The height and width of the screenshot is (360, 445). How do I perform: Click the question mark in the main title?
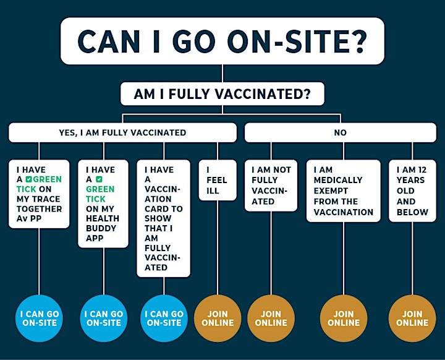click(358, 41)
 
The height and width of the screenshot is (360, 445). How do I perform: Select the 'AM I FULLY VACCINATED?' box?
click(222, 94)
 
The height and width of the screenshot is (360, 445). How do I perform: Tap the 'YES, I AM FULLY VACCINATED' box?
click(122, 132)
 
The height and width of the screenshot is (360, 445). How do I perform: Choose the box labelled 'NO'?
click(341, 132)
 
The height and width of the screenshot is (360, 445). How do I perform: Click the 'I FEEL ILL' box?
click(218, 180)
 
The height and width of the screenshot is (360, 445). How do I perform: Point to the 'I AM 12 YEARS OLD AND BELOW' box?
click(412, 191)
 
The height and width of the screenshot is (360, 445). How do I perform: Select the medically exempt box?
click(344, 191)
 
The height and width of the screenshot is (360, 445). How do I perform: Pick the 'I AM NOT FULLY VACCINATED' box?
click(271, 185)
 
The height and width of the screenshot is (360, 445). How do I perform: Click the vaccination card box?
click(163, 218)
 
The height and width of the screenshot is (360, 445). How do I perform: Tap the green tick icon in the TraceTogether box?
click(28, 179)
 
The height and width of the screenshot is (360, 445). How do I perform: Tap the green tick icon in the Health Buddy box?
click(99, 179)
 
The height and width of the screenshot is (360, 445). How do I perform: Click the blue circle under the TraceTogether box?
click(39, 318)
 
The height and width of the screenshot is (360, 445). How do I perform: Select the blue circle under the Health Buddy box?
click(104, 318)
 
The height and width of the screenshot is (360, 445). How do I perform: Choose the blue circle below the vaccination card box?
click(164, 318)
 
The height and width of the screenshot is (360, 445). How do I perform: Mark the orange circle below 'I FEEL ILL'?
click(218, 318)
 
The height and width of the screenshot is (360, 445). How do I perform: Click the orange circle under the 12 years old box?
click(412, 318)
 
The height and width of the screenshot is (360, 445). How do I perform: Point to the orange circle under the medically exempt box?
click(344, 318)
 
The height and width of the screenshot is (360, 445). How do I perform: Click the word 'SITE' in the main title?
click(315, 41)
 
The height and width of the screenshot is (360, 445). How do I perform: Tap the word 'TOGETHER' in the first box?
click(39, 209)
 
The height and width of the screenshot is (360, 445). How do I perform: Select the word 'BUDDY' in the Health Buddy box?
click(101, 228)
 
